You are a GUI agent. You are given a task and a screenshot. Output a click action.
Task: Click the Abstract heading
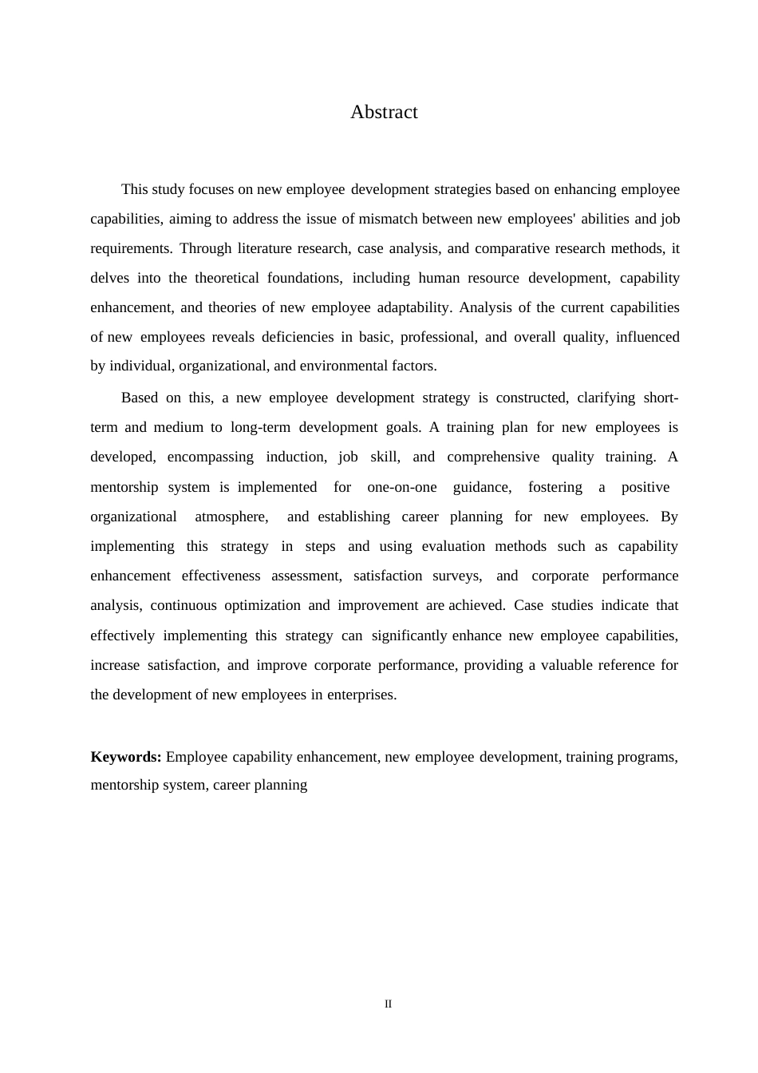(384, 113)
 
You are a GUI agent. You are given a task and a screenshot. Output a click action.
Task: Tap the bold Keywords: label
(126, 757)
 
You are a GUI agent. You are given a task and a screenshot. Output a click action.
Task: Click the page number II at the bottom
(389, 1004)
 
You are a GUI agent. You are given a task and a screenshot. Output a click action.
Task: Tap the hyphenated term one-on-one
(402, 487)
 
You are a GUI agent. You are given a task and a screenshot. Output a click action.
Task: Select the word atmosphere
(231, 517)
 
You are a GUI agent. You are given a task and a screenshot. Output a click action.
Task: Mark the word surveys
(462, 576)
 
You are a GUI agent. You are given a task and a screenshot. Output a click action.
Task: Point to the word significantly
(409, 635)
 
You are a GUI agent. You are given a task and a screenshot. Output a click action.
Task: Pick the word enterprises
(361, 695)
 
